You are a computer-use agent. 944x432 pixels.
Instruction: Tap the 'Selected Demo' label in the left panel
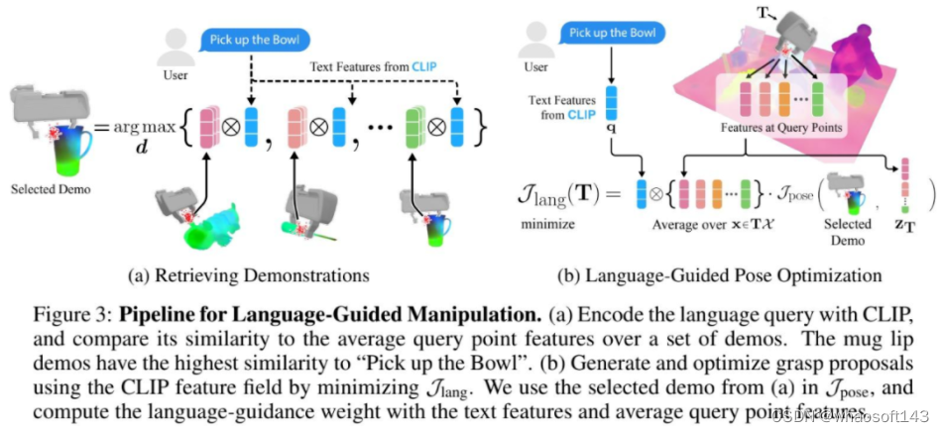[46, 187]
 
